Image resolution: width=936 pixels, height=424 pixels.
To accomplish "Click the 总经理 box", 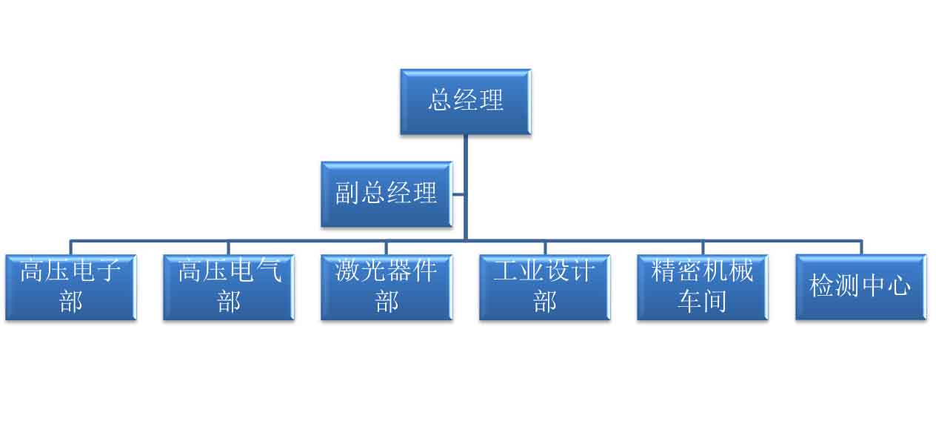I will tap(465, 102).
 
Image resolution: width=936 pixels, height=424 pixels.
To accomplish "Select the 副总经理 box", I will tap(386, 194).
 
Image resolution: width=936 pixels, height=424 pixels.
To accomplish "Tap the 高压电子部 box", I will tap(70, 287).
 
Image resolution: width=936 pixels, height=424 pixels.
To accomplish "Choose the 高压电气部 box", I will tap(228, 287).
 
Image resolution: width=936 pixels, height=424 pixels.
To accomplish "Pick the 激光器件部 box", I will tap(386, 287).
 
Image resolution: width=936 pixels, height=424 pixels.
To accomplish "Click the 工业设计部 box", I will tap(544, 287).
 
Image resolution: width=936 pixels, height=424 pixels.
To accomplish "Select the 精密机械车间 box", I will tap(702, 287).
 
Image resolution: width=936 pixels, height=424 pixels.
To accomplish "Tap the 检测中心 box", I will tap(860, 287).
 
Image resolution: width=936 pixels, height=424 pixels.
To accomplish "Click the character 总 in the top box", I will tap(441, 100).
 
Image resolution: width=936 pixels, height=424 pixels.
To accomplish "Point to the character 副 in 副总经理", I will tap(347, 193).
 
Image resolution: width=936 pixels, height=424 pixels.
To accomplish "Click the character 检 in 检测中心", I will tap(822, 286).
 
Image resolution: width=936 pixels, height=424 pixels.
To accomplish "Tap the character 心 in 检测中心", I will tap(898, 286).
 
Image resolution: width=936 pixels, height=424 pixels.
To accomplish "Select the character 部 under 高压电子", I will tap(71, 302).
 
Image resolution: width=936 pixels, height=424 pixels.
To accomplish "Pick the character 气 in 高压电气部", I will tap(268, 271).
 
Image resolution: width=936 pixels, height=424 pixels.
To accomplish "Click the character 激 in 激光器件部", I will tap(348, 271).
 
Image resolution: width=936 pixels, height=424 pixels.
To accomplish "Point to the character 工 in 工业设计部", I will tap(506, 271).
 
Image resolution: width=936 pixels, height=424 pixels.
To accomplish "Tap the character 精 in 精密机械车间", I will tap(664, 271).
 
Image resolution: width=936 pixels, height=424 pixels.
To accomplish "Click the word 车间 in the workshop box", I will tap(702, 302).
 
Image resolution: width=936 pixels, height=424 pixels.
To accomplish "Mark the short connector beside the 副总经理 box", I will tap(458, 195).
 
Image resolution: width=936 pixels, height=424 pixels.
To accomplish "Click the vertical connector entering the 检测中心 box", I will tap(860, 248).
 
